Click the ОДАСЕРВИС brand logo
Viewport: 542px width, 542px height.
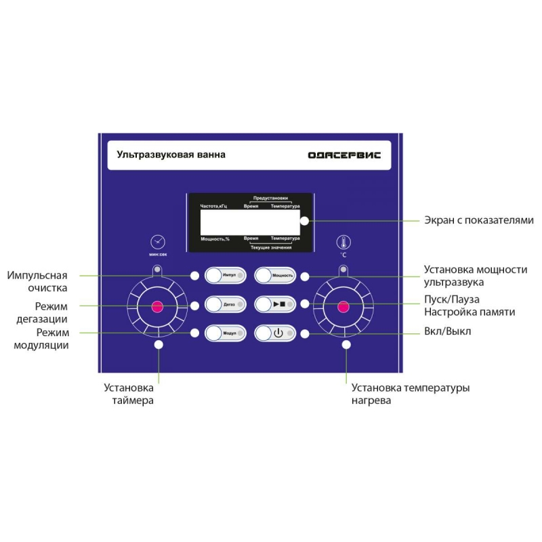(344, 155)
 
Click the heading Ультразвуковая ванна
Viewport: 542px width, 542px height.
(171, 154)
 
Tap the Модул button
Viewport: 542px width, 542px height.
(226, 333)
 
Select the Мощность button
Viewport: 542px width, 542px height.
(275, 276)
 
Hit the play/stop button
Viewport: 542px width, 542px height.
(275, 304)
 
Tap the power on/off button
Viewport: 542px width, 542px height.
(275, 333)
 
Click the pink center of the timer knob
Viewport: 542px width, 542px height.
(157, 307)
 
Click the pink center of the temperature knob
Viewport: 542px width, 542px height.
(343, 307)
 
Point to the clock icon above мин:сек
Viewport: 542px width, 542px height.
(158, 242)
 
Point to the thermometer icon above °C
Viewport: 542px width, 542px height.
(343, 243)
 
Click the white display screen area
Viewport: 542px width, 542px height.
(250, 222)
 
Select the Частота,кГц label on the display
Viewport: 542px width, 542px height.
(213, 207)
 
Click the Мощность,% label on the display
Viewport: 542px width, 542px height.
(215, 239)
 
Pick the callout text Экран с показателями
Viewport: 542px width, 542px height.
(479, 220)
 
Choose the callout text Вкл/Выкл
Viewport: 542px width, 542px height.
(447, 331)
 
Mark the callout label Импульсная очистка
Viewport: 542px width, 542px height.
(37, 281)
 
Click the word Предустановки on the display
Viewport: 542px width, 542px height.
(270, 198)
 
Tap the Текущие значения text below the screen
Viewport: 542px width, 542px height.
(270, 247)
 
